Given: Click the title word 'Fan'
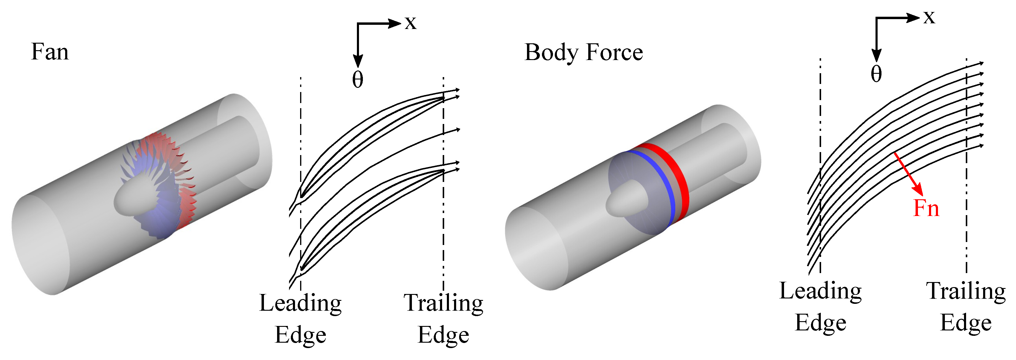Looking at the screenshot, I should click(50, 52).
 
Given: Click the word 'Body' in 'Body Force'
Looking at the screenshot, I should click(551, 53).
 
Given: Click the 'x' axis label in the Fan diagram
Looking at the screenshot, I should click(411, 23).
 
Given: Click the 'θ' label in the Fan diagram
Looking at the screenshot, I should click(357, 80).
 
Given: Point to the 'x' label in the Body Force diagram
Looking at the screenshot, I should click(929, 17).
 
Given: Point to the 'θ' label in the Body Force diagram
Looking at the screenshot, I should click(876, 74).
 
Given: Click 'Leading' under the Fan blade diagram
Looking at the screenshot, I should click(300, 304).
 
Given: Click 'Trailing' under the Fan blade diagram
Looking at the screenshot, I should click(443, 304).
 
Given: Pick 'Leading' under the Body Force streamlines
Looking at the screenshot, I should click(821, 292).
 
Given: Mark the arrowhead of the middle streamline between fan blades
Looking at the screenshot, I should click(458, 129).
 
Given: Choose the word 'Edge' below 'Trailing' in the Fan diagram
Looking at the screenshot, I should click(443, 336).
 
